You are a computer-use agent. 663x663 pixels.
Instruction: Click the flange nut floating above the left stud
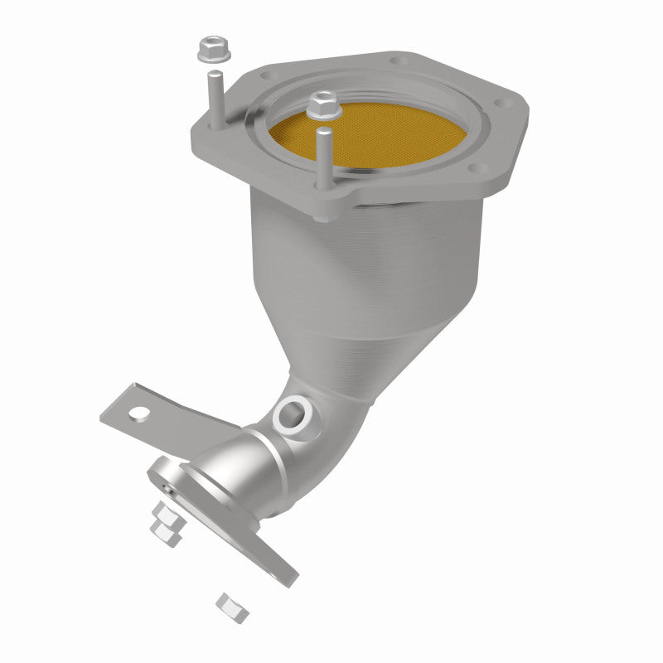[x=213, y=51]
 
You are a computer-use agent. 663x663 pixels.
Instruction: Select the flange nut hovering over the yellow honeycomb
[x=322, y=104]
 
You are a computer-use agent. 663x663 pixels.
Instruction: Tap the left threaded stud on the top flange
[x=215, y=99]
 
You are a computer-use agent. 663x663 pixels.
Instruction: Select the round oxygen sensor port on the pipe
[x=292, y=412]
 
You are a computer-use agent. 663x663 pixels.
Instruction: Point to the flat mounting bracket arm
[x=166, y=419]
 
